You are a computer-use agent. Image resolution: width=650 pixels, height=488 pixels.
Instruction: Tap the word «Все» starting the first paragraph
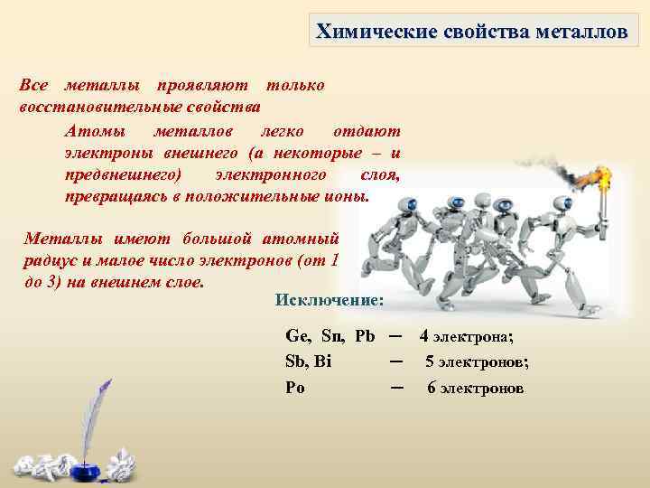click(x=34, y=85)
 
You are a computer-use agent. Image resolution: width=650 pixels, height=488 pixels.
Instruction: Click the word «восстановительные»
click(x=87, y=105)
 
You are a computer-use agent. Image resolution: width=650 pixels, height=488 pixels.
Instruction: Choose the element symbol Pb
click(x=365, y=336)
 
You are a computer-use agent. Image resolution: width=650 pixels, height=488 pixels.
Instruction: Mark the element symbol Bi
click(x=322, y=361)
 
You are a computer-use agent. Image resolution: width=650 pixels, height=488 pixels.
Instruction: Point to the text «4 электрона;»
click(x=467, y=337)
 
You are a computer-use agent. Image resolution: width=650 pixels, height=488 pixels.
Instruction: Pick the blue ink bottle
click(x=88, y=447)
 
